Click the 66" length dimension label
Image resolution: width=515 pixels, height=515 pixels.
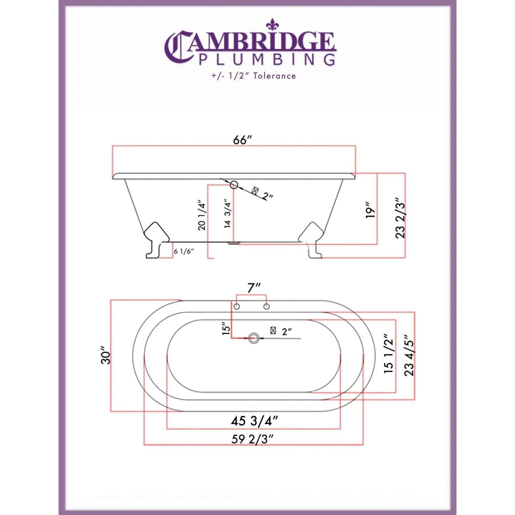[242, 140]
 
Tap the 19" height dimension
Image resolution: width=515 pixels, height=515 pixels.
[371, 210]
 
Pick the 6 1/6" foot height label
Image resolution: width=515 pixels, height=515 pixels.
[184, 251]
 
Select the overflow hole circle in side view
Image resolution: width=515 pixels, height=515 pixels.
[234, 185]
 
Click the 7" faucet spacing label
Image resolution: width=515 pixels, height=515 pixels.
[254, 288]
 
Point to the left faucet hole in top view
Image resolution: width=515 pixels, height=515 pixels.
[236, 307]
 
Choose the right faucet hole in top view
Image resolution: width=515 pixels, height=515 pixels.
[266, 307]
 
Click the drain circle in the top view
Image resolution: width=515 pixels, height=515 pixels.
[254, 338]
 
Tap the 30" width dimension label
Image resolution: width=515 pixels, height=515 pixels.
[106, 355]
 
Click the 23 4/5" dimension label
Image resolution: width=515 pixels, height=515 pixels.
[409, 357]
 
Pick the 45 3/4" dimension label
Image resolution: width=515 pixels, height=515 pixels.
[254, 421]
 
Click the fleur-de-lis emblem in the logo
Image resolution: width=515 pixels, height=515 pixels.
[273, 24]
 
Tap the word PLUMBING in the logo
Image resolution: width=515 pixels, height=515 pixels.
[267, 59]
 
